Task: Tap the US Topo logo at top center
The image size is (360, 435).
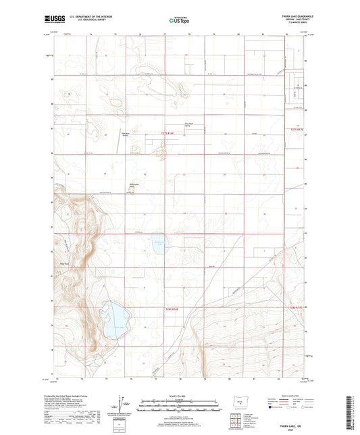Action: (178, 21)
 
